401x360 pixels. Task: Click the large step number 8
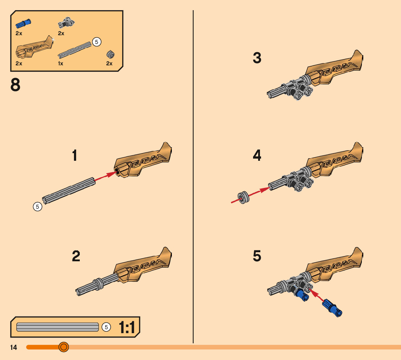(16, 85)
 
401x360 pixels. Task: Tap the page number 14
(14, 348)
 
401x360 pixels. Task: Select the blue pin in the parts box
(24, 24)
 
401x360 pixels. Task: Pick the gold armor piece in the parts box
(34, 49)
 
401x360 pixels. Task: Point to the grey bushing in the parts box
(110, 55)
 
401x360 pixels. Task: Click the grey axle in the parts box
(74, 50)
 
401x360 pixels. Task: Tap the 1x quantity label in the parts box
(61, 64)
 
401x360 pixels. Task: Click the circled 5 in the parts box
(96, 42)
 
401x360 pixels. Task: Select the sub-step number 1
(75, 156)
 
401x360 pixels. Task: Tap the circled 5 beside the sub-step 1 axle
(37, 207)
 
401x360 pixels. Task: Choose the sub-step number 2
(76, 256)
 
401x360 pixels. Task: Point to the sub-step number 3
(257, 58)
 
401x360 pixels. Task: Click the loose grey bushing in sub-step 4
(243, 197)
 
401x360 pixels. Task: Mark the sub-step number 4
(257, 156)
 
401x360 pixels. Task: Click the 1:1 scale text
(127, 328)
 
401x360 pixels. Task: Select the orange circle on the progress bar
(63, 347)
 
